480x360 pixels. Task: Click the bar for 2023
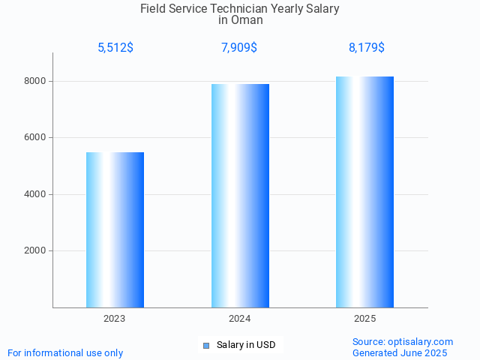(x=115, y=229)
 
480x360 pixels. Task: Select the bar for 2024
(x=240, y=196)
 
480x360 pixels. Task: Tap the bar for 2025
(x=365, y=192)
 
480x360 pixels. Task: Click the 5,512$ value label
(x=115, y=48)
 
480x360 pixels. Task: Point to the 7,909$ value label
(x=240, y=48)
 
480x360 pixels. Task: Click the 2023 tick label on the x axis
(x=115, y=319)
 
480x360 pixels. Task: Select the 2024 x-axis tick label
(x=240, y=319)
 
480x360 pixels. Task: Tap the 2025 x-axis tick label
(x=365, y=319)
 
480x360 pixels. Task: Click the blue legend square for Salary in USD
(x=206, y=346)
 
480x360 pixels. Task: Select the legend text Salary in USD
(x=246, y=345)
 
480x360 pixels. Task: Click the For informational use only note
(x=65, y=352)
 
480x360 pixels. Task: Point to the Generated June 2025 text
(x=400, y=352)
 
